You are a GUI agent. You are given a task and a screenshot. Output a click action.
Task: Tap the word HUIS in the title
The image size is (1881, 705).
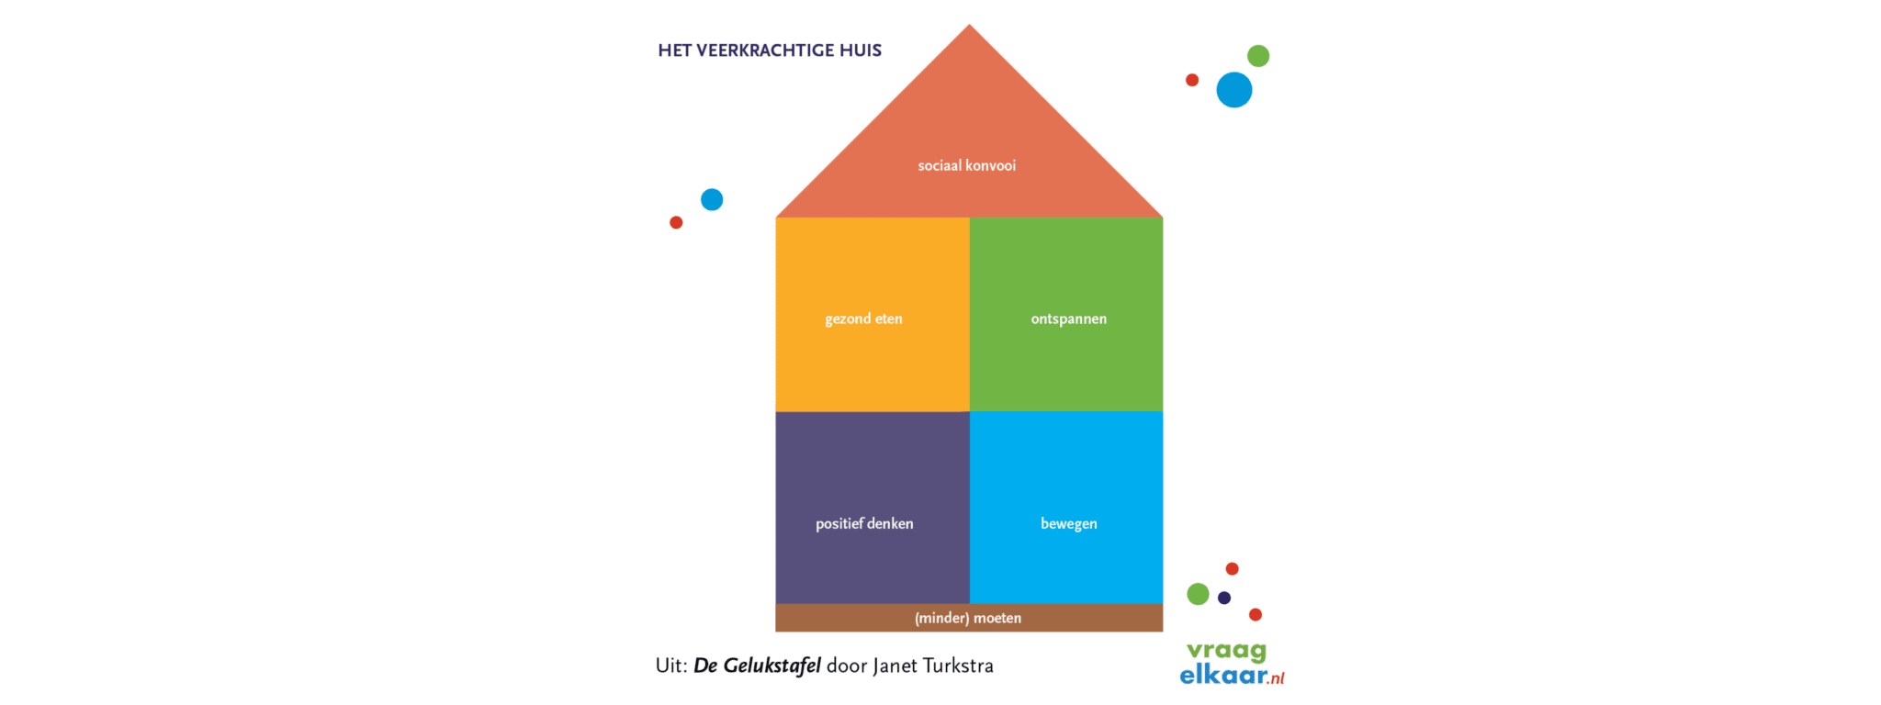tap(860, 50)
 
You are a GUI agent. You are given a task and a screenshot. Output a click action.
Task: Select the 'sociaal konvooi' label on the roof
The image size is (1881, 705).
tap(967, 165)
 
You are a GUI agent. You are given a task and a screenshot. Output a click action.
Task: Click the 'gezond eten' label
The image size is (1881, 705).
tap(863, 319)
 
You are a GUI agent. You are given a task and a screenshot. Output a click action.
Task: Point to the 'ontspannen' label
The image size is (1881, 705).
tap(1069, 319)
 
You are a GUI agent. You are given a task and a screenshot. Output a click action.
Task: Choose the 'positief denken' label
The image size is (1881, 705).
tap(864, 523)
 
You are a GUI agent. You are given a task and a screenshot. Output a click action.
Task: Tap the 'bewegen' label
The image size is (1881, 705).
tap(1069, 524)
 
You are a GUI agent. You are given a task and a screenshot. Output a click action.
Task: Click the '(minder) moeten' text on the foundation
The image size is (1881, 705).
tap(968, 618)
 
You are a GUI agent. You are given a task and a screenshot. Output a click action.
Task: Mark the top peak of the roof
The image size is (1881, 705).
tap(969, 25)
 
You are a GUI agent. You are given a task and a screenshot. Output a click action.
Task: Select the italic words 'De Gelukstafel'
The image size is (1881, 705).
tap(757, 666)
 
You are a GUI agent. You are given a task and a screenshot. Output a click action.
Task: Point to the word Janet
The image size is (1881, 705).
tap(895, 666)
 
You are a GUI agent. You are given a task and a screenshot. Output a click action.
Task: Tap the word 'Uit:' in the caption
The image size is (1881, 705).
tap(671, 666)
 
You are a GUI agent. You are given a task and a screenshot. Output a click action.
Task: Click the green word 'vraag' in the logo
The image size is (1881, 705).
tap(1226, 652)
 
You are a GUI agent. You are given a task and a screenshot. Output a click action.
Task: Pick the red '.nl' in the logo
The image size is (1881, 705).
tap(1277, 678)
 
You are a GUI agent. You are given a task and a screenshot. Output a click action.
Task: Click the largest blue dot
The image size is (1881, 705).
tap(1234, 90)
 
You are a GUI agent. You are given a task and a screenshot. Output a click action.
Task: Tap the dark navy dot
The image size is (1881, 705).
tap(1224, 598)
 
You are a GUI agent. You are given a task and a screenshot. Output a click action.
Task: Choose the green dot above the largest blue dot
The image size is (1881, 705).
tap(1258, 56)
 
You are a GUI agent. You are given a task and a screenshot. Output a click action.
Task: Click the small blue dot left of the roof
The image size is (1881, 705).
tap(712, 199)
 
